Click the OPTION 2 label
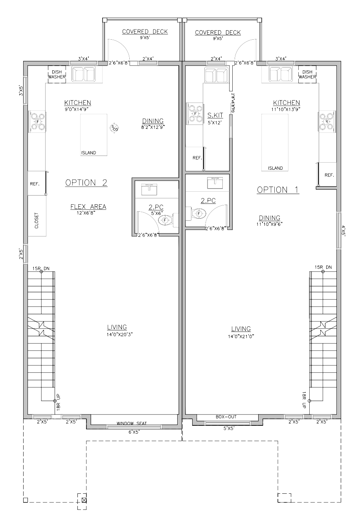86,183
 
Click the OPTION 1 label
278,190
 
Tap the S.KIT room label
215,115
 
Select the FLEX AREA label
88,207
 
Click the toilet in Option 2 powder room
165,220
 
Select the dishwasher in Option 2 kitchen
57,74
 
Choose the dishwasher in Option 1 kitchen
307,74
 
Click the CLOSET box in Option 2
37,221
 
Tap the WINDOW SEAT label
132,423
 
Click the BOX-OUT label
226,417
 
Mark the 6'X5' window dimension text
132,432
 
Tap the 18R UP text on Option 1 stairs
304,400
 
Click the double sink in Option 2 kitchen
84,74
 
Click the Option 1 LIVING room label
241,329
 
